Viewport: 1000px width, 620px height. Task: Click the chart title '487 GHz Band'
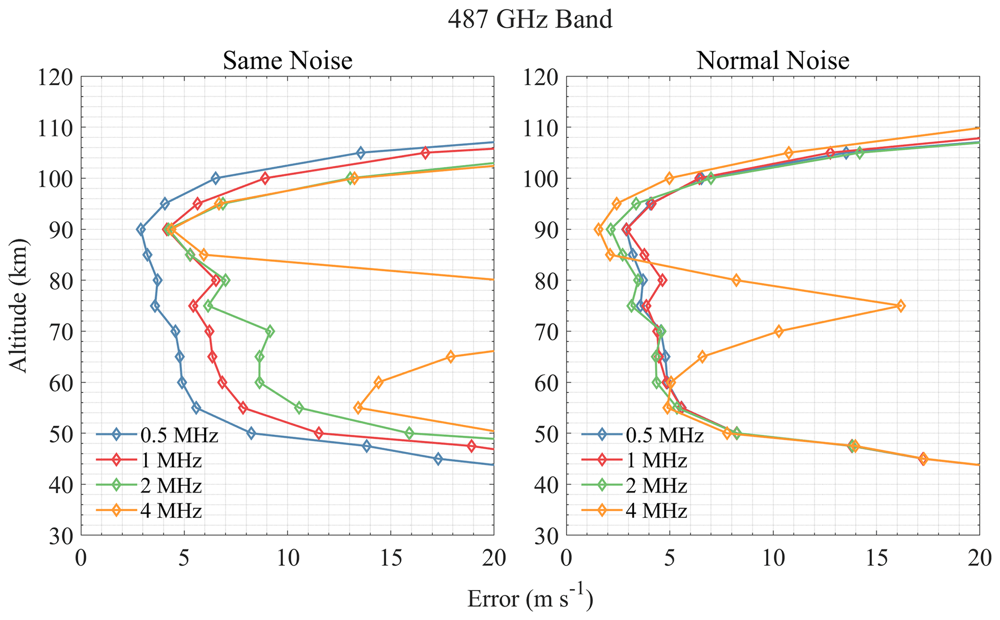coord(530,20)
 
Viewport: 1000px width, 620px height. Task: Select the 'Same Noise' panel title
coord(287,61)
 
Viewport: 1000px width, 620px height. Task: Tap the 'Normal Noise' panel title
coord(773,61)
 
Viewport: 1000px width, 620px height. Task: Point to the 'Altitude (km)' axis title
coord(19,305)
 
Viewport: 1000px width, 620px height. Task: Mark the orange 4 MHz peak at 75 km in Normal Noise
coord(900,306)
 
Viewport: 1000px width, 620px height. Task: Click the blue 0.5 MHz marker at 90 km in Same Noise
coord(141,229)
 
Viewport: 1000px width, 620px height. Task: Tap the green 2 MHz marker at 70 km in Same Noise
coord(270,332)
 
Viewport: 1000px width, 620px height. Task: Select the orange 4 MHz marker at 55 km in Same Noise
coord(358,408)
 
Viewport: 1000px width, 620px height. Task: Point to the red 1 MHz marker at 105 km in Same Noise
coord(425,153)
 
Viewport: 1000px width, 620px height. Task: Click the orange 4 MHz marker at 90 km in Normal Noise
coord(598,229)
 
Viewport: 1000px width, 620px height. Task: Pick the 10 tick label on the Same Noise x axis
coord(287,559)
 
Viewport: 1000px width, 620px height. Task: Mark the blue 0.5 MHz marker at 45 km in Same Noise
coord(438,459)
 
